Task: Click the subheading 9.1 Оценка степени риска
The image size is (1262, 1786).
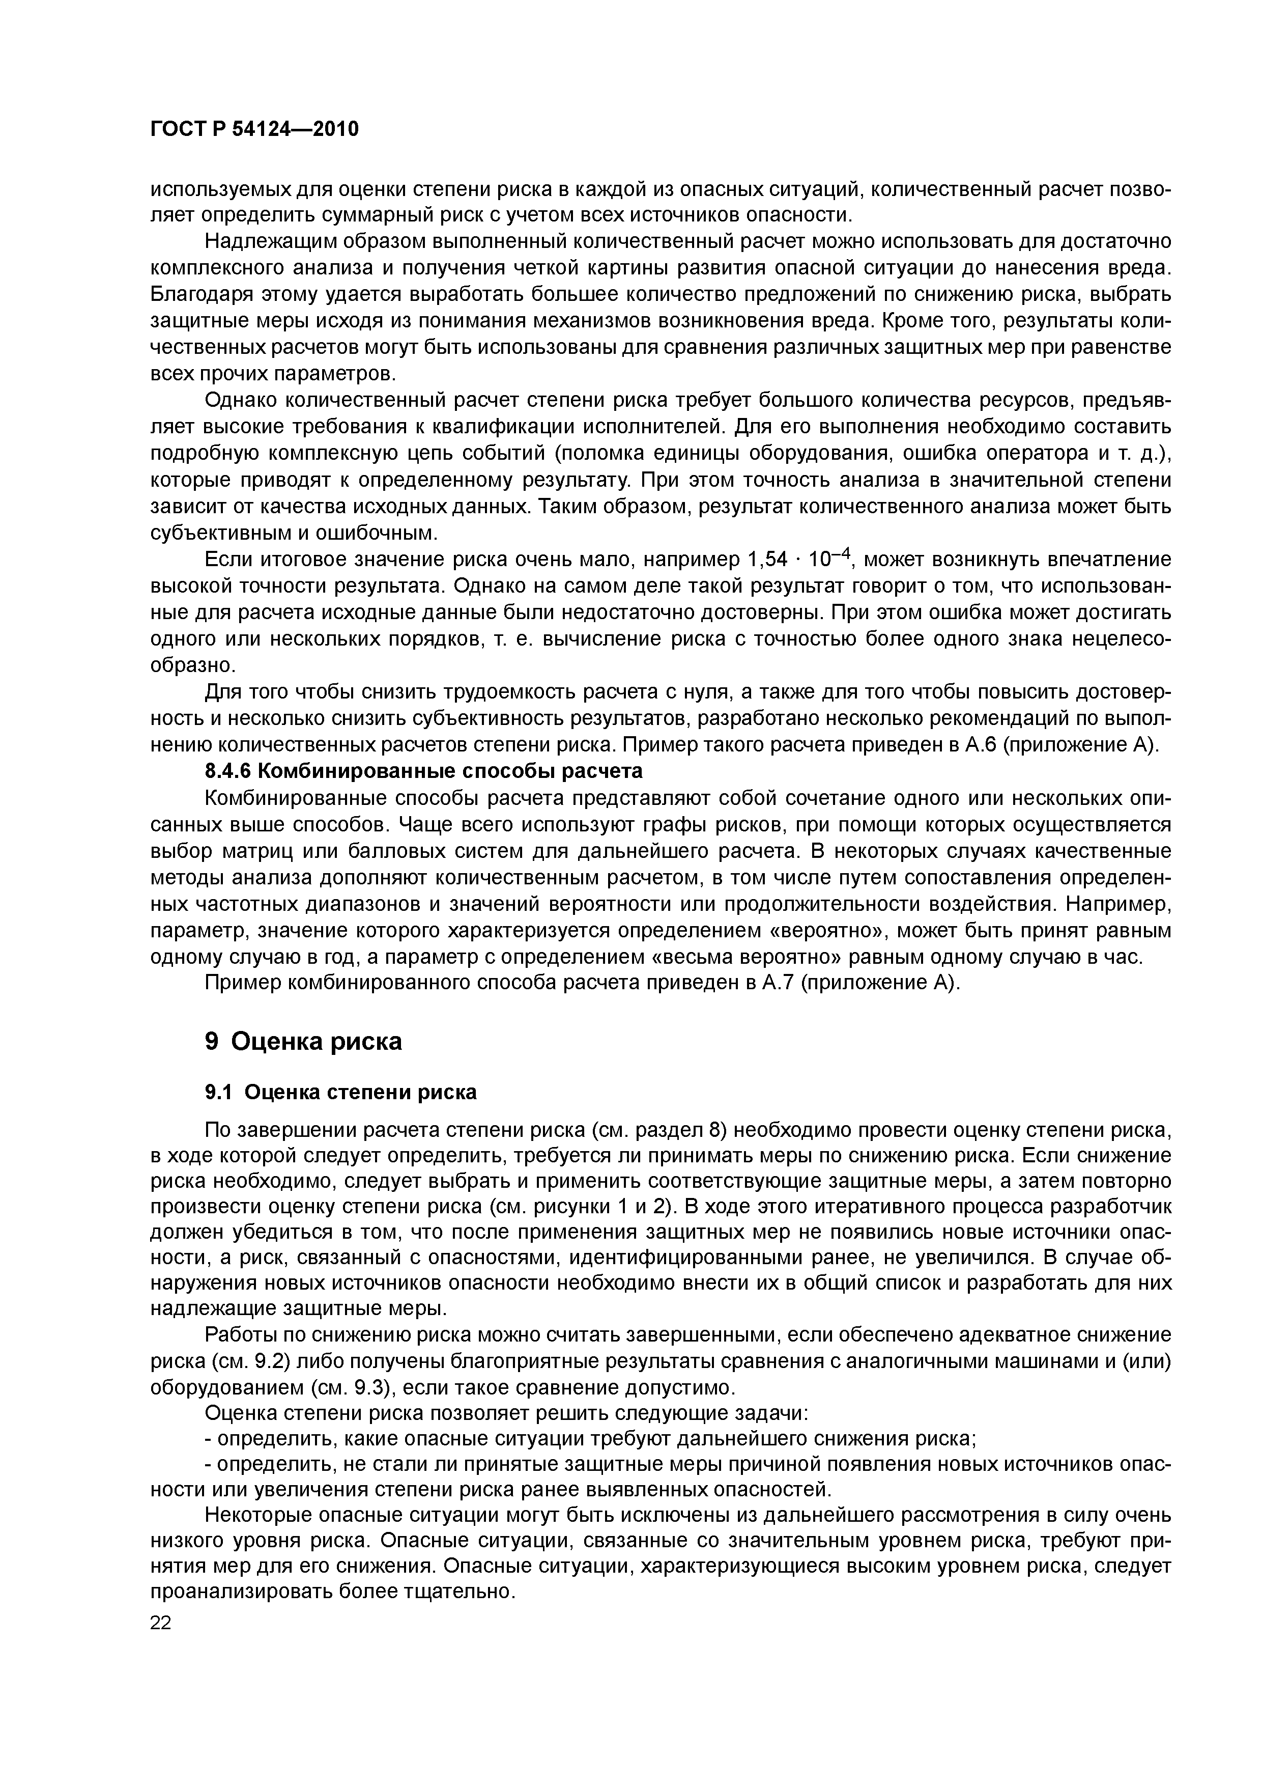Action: click(x=340, y=1092)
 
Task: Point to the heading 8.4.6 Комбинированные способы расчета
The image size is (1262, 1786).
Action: click(x=424, y=771)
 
